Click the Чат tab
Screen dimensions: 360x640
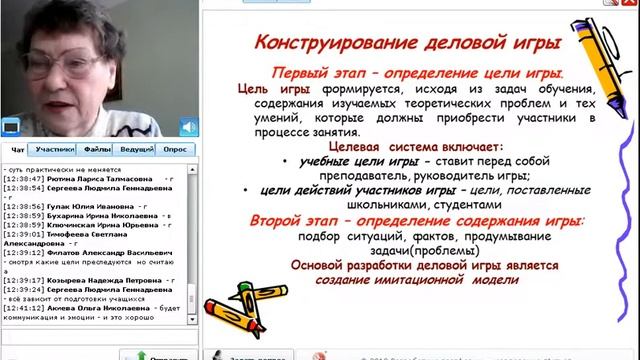pyautogui.click(x=17, y=149)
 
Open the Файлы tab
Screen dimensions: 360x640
pyautogui.click(x=97, y=149)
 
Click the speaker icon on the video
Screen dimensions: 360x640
pyautogui.click(x=188, y=126)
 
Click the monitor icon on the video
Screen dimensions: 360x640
pyautogui.click(x=11, y=126)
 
